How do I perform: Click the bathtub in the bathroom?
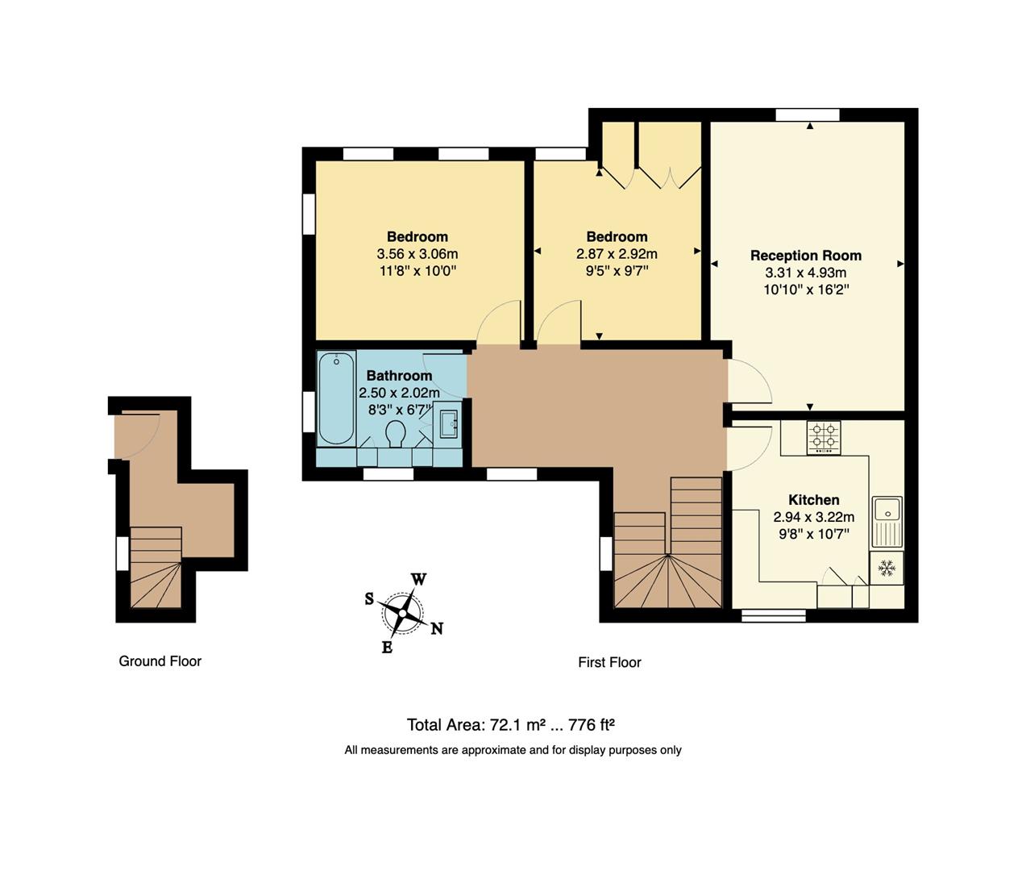coord(336,398)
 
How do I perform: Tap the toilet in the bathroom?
coord(395,433)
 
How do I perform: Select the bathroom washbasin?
coord(449,423)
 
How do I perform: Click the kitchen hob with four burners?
coord(823,437)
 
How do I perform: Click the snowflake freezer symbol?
coord(887,568)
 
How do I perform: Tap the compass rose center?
coord(402,613)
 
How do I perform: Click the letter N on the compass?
coord(437,629)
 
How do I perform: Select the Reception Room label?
coord(806,256)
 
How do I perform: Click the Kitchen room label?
coord(813,500)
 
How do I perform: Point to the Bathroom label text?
coord(399,376)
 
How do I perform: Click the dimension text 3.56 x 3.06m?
coord(417,254)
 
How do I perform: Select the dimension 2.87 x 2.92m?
coord(617,254)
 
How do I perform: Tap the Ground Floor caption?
coord(160,661)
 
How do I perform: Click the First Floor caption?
coord(609,662)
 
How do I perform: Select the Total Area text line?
coord(511,724)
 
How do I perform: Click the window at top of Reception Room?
coord(807,115)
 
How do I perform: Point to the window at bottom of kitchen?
coord(773,615)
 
